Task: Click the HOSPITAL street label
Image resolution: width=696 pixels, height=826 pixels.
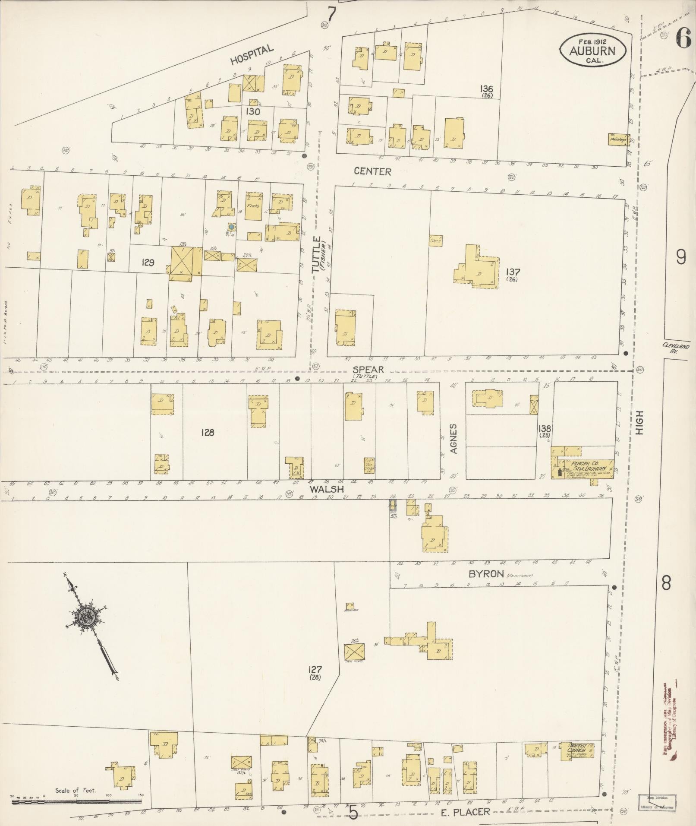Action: pos(252,55)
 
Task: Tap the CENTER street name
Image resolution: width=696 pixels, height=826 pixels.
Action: pos(372,171)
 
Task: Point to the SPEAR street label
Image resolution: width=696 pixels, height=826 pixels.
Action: pos(368,370)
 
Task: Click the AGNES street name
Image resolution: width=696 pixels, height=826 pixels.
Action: pos(454,438)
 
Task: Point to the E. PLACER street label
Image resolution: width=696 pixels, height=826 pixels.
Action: pos(466,812)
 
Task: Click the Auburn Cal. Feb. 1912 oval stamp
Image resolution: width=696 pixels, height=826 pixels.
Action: pos(593,51)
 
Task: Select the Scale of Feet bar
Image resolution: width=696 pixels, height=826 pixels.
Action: pos(77,801)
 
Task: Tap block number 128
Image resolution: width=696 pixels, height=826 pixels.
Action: pos(207,432)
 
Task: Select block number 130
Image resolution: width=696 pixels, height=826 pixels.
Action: pos(253,111)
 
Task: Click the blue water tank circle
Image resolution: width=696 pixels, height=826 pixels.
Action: pos(231,227)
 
